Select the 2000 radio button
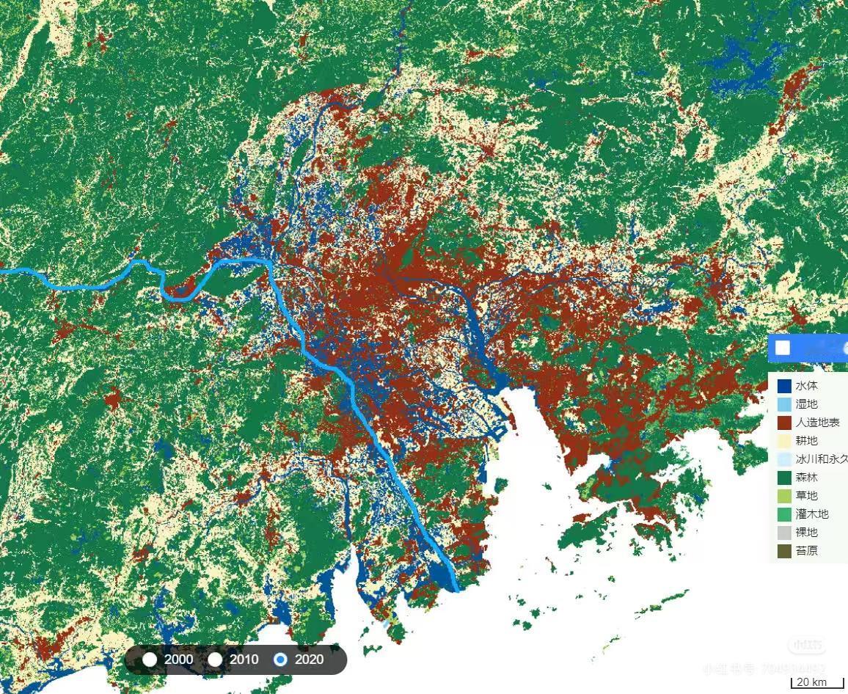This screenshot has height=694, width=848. click(x=150, y=659)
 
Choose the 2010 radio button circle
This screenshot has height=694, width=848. click(x=215, y=659)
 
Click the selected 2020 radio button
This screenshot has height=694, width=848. click(x=280, y=659)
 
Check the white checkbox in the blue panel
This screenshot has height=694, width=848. click(x=783, y=347)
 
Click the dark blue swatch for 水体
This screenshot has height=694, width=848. click(x=784, y=385)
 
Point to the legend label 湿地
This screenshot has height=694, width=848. click(x=806, y=404)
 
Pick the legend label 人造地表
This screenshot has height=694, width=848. click(x=817, y=423)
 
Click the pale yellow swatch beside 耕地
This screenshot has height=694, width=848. click(x=784, y=441)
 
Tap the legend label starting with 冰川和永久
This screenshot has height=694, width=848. click(x=822, y=459)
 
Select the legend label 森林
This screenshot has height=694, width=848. click(x=806, y=478)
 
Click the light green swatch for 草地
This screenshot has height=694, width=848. click(x=784, y=496)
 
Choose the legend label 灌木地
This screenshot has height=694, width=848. click(x=811, y=514)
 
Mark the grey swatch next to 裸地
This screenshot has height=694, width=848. click(x=784, y=533)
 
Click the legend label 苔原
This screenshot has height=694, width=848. click(x=806, y=551)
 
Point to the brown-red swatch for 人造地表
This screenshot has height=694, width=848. click(x=784, y=423)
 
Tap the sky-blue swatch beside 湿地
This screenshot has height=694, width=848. click(x=784, y=404)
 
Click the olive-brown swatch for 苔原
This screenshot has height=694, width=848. click(x=784, y=551)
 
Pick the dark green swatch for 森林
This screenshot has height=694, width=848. click(x=784, y=478)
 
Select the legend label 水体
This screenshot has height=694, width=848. click(x=806, y=386)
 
